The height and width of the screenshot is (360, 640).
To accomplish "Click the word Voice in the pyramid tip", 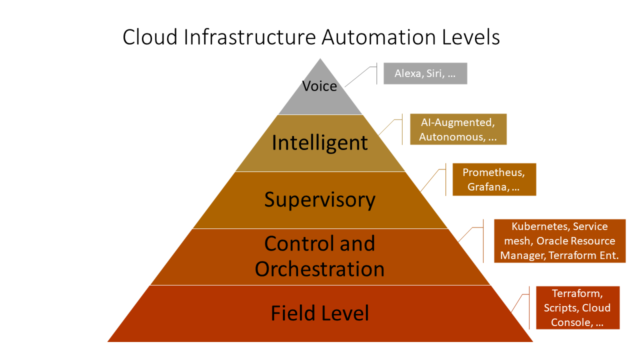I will [319, 86].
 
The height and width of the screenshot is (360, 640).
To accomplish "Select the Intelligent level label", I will [320, 143].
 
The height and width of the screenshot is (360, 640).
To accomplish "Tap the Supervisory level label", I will [320, 199].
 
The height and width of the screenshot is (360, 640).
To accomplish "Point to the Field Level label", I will [320, 313].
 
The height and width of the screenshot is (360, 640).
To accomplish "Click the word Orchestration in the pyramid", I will [320, 269].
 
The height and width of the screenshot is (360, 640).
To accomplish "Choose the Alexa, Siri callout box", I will [425, 73].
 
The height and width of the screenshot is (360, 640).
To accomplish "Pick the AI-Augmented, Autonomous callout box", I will [458, 129].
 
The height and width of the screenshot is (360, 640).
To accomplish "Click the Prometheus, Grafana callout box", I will [494, 179].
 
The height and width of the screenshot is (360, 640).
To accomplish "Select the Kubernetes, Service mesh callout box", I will [559, 241].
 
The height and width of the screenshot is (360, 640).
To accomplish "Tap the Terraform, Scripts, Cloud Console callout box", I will [577, 307].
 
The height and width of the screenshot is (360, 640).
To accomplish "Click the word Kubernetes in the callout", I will [540, 226].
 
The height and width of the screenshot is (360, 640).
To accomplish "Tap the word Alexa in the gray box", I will [407, 73].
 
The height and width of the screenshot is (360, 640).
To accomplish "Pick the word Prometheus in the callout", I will [493, 172].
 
